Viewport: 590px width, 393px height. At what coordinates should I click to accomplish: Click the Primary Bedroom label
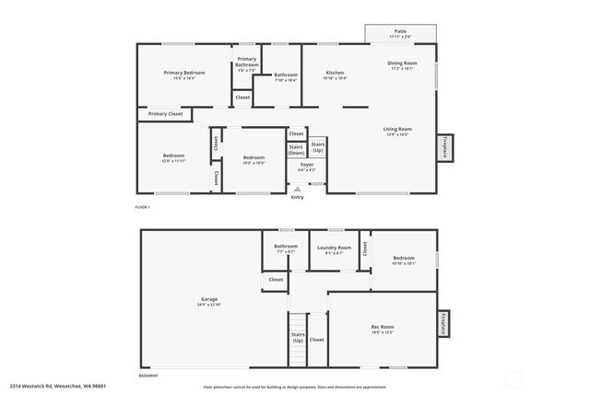tap(184, 72)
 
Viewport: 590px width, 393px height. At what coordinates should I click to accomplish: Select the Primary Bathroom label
tap(246, 63)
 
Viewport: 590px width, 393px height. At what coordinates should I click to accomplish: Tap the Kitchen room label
tap(335, 72)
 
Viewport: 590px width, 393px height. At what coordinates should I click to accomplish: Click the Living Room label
tap(397, 129)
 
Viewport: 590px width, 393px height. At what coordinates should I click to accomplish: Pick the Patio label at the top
tap(400, 31)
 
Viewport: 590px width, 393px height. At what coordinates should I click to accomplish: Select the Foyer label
tap(307, 165)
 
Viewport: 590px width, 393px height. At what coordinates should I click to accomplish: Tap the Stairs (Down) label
tap(296, 149)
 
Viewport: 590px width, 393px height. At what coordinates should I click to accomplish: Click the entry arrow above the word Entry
tap(297, 189)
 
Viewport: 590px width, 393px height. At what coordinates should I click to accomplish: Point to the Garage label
tap(209, 299)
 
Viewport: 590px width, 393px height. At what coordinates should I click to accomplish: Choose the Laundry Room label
tap(334, 247)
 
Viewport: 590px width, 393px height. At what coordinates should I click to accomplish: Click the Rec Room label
tap(383, 327)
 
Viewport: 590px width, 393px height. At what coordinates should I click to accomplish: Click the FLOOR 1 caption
tap(143, 208)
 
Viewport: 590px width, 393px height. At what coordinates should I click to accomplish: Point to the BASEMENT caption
tap(147, 376)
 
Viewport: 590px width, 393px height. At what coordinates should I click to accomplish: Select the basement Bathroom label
tap(286, 246)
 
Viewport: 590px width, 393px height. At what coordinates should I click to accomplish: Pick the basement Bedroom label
tap(405, 259)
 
